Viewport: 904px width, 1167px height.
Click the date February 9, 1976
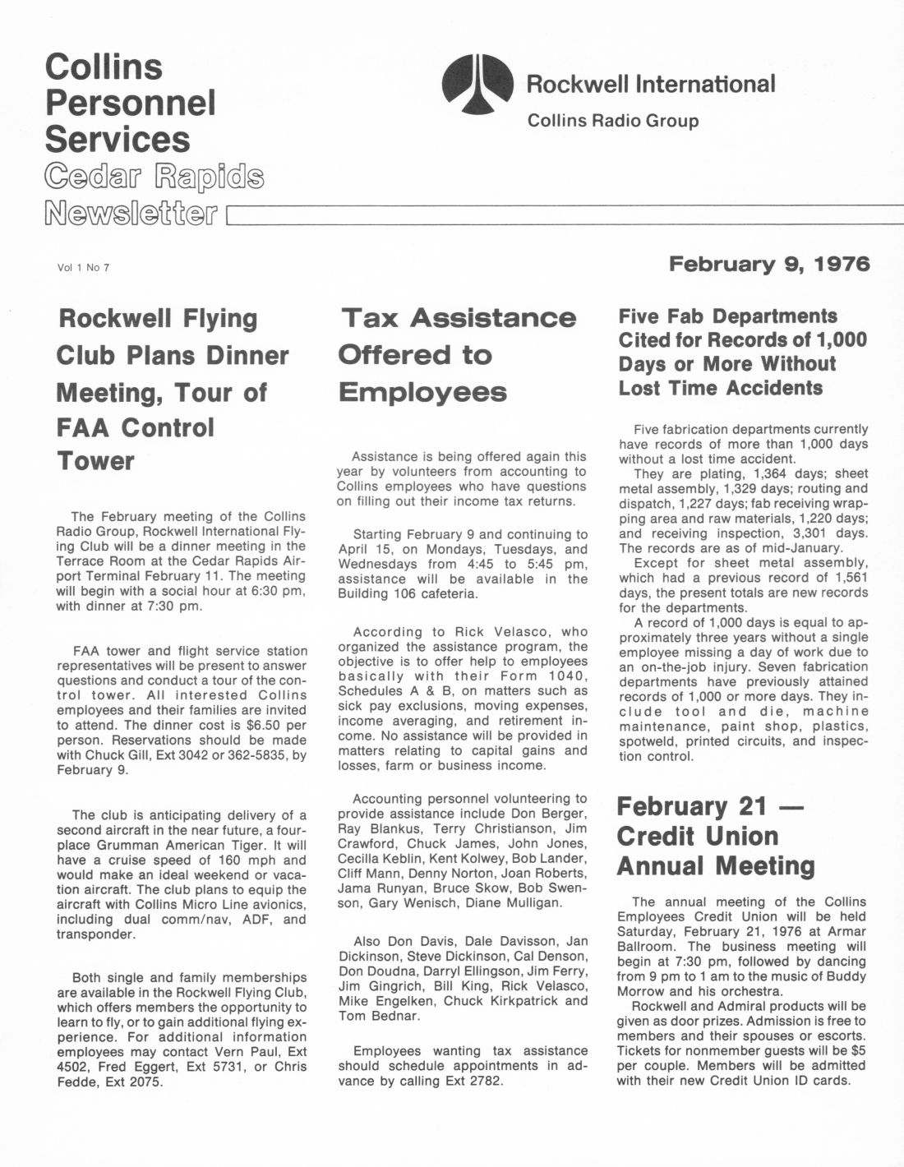pyautogui.click(x=768, y=264)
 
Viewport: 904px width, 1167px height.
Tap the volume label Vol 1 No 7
pyautogui.click(x=83, y=267)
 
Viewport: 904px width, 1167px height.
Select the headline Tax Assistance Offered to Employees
pyautogui.click(x=457, y=354)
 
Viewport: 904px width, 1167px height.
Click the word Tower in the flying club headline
pyautogui.click(x=95, y=461)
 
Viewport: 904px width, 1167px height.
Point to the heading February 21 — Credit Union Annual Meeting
pyautogui.click(x=716, y=836)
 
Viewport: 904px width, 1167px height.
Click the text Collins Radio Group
pyautogui.click(x=612, y=121)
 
